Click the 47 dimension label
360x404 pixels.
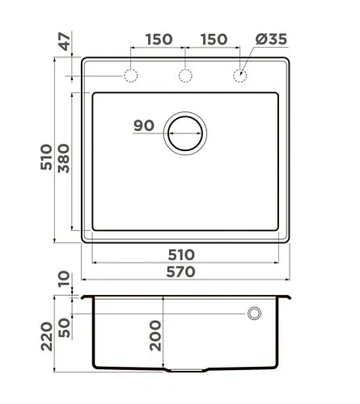tap(65, 41)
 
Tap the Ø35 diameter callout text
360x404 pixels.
tap(271, 40)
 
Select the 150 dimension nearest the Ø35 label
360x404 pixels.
tap(214, 40)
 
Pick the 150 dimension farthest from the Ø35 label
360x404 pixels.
tap(159, 40)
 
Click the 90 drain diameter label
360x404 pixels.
tap(144, 125)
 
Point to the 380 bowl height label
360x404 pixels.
tap(64, 158)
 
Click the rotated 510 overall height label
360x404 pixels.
tap(46, 158)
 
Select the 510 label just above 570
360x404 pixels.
tap(181, 255)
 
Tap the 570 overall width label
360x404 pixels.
tap(180, 271)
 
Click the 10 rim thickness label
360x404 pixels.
tap(64, 279)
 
